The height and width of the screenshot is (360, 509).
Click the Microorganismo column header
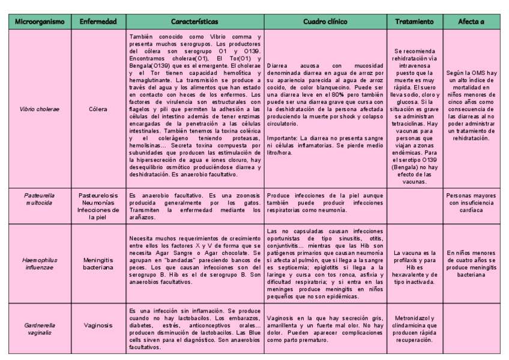39,22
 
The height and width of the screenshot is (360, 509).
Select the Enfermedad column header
98,22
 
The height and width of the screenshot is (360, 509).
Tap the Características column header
194,22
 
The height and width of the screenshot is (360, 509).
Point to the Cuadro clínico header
325,22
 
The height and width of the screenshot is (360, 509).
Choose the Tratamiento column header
414,22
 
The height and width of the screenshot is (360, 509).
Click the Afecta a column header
471,22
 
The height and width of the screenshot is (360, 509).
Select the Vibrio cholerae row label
39,110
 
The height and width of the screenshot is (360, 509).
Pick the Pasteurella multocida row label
39,199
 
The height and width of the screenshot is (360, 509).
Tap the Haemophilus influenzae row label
39,264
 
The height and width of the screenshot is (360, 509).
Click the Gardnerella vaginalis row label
39,328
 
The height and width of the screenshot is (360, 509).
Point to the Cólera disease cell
98,110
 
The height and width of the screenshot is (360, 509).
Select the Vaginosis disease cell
98,325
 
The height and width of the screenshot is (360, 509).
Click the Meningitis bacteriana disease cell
98,264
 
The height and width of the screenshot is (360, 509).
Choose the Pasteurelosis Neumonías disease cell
98,206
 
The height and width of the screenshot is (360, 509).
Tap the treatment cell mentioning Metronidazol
414,328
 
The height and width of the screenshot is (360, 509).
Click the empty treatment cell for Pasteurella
414,206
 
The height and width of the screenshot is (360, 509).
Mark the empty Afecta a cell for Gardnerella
471,328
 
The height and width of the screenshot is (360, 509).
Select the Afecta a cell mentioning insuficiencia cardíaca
471,203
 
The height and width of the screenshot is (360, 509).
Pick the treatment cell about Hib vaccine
414,264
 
